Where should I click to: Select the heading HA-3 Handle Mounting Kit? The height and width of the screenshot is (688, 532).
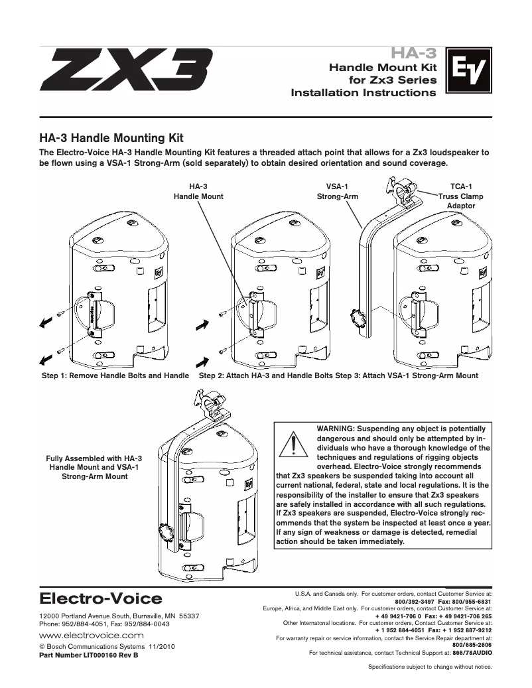coord(111,139)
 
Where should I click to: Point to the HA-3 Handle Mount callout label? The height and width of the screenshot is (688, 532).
coord(198,192)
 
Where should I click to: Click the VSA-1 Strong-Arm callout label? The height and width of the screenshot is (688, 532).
coord(337,192)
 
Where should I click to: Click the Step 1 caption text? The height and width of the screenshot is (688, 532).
coord(115,376)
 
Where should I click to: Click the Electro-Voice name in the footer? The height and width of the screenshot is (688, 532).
coord(101,599)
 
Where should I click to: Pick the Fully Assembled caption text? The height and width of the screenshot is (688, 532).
coord(93,467)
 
